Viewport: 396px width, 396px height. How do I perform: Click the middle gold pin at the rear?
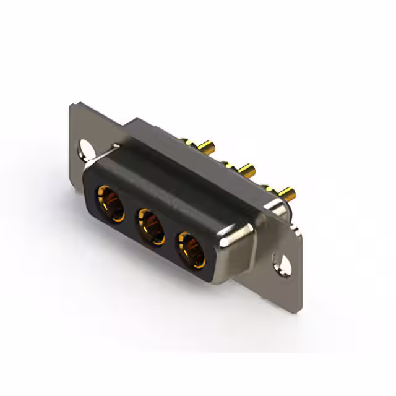pos(247,168)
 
